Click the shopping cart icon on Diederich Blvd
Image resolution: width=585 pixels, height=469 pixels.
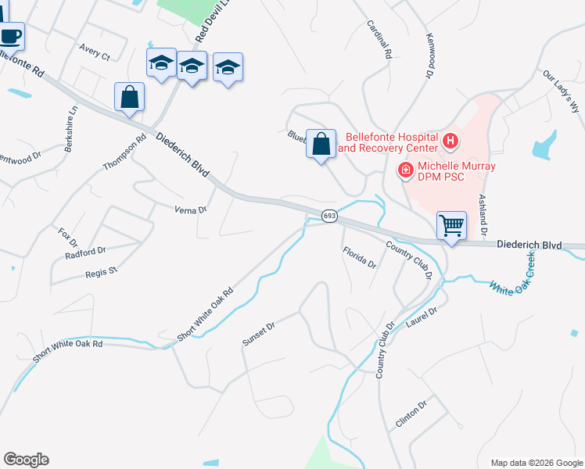pyautogui.click(x=451, y=225)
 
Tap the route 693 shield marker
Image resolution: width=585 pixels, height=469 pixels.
pyautogui.click(x=329, y=216)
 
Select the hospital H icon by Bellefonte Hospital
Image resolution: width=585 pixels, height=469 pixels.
pyautogui.click(x=450, y=141)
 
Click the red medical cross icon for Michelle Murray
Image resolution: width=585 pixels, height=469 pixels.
pyautogui.click(x=406, y=170)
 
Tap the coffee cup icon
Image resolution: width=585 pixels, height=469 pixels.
pyautogui.click(x=10, y=35)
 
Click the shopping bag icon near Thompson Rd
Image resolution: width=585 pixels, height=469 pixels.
pyautogui.click(x=130, y=97)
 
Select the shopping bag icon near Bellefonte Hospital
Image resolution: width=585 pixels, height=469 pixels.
pyautogui.click(x=321, y=144)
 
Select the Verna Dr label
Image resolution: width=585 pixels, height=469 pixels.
pyautogui.click(x=190, y=209)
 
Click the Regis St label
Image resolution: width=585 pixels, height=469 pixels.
pyautogui.click(x=101, y=271)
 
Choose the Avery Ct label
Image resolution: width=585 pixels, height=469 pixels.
pyautogui.click(x=95, y=52)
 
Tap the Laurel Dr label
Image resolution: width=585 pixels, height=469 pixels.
pyautogui.click(x=422, y=317)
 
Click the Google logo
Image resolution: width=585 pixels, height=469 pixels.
pyautogui.click(x=26, y=460)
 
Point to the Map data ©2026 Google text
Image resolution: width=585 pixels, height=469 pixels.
pyautogui.click(x=536, y=463)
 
